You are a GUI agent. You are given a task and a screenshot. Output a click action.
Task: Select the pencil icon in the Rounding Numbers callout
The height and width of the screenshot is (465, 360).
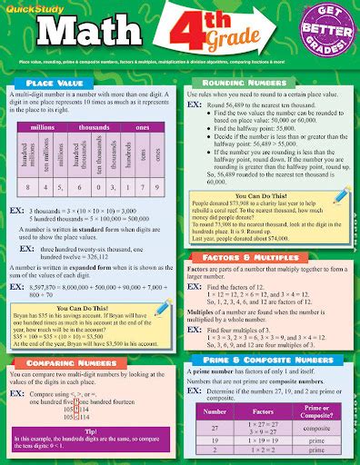coord(341,193)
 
